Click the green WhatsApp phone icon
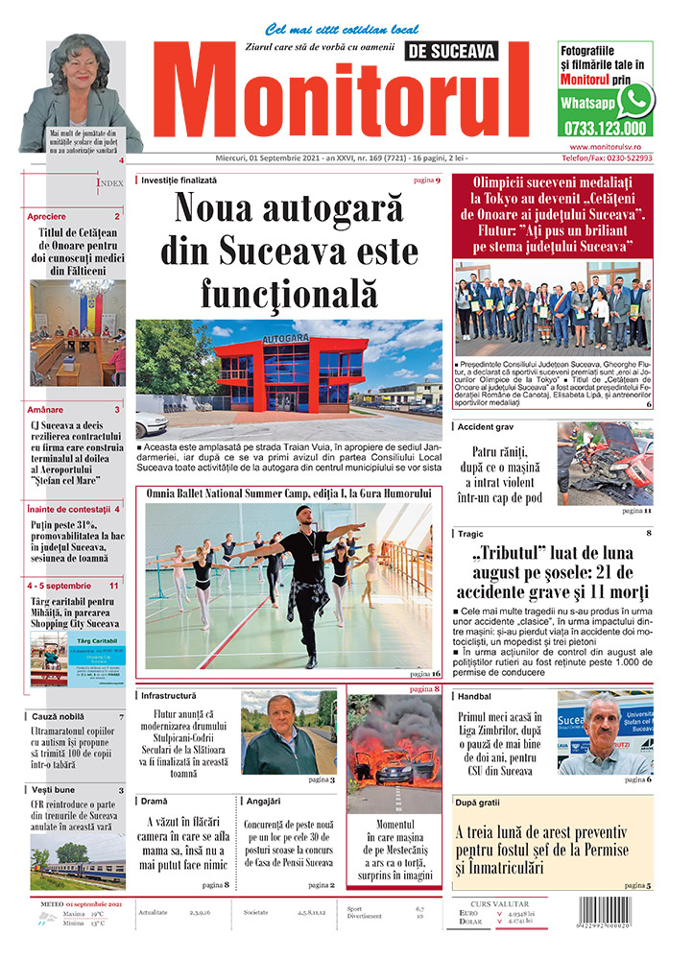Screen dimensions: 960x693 635,99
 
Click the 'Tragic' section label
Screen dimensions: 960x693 470,533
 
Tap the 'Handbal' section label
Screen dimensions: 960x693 475,696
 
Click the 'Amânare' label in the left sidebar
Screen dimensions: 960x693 45,409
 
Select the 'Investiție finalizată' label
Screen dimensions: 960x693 179,180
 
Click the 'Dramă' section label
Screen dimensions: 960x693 154,799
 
